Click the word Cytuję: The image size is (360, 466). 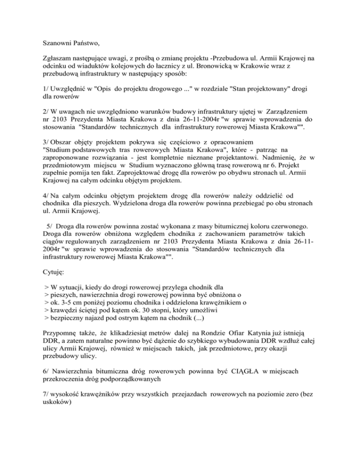50,271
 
